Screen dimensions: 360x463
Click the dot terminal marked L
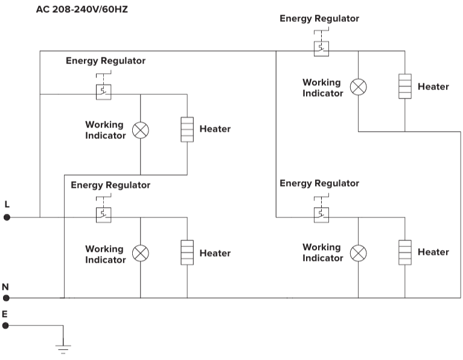7,217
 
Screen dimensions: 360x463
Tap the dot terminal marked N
7,298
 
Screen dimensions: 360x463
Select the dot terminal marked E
6,326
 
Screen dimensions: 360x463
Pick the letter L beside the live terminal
7,204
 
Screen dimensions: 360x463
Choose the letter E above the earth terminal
5,313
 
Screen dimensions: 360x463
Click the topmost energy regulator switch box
321,48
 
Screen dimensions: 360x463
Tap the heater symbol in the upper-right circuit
405,86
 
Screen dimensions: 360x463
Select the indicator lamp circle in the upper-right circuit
359,87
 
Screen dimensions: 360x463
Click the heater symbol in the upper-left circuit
187,129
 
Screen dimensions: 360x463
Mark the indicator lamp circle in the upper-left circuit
141,130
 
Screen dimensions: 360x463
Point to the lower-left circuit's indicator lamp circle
141,253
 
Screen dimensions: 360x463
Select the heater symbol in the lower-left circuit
187,252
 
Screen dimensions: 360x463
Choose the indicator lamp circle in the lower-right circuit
359,252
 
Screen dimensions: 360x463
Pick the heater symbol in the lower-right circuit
405,252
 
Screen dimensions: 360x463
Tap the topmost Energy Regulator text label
319,19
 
